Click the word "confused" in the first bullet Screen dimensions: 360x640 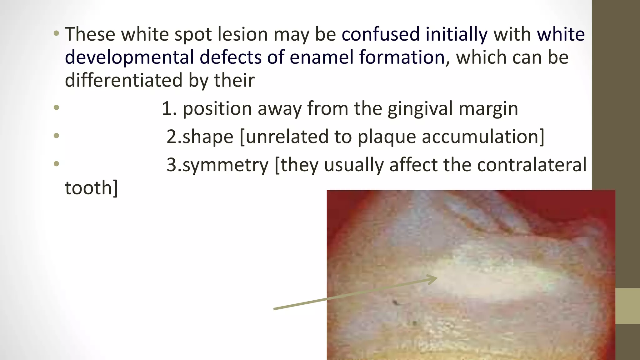point(380,34)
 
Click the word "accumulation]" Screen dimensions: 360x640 point(483,137)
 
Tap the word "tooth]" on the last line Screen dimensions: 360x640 point(91,188)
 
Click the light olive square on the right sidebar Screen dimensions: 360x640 point(627,306)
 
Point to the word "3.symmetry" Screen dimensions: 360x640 point(217,165)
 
